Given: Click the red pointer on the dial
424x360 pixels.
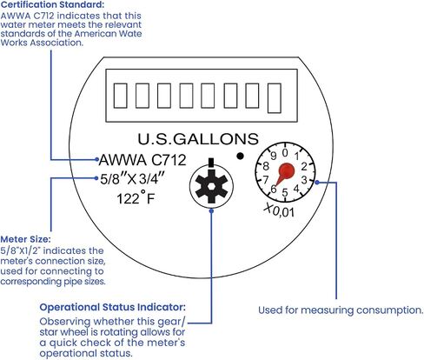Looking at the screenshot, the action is coord(284,172).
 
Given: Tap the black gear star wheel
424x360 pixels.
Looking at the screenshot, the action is coord(211,186).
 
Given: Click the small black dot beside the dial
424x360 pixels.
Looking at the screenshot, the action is coord(240,156).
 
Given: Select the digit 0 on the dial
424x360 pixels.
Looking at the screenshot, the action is coord(285,152).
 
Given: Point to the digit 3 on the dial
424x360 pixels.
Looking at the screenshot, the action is coord(304,180).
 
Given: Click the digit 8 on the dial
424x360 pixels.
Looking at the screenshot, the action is coord(266,166).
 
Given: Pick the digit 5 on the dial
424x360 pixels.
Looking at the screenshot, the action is coord(285,192).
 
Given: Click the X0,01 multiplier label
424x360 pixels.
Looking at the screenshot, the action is coord(279,210).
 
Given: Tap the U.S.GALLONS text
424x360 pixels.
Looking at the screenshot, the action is coord(198,139).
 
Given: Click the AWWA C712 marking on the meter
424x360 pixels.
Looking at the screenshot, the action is coord(142,160).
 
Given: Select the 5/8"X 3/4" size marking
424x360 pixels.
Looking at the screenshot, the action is coord(132,179).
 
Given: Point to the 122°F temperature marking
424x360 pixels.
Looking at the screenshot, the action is coord(136,198).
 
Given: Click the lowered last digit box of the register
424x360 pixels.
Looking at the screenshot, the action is coord(275,98).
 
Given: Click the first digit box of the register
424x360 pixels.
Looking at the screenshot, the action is coord(120,96).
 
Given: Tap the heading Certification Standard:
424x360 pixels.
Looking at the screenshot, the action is coord(52,4).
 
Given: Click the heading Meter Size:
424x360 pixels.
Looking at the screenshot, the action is coord(25,239).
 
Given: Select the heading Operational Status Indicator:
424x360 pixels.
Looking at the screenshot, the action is coord(113,307).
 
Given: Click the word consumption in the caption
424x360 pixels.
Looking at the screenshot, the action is coord(390,310).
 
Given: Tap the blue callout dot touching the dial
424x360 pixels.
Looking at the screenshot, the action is coord(317,183).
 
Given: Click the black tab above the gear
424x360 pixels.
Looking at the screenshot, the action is coord(211,162).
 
